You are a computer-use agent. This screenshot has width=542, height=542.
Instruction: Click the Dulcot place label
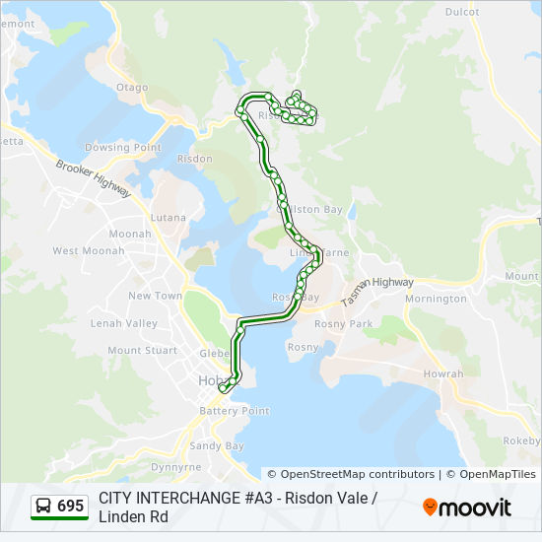[461, 12]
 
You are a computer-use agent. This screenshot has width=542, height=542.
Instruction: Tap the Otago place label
[131, 88]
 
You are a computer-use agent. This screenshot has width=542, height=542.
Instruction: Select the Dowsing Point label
[121, 148]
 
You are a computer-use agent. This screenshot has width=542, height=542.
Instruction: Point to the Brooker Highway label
[94, 178]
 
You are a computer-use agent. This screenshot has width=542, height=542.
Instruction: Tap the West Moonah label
[80, 251]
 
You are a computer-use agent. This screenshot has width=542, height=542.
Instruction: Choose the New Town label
[155, 296]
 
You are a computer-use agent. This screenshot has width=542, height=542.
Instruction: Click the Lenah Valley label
[124, 323]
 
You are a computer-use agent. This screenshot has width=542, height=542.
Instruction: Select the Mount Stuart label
[142, 351]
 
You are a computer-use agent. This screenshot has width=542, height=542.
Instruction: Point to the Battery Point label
[234, 411]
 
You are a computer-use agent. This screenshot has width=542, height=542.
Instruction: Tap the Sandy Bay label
[216, 446]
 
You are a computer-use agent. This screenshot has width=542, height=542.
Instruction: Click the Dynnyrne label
[175, 467]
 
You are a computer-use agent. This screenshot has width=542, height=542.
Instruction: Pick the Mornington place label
[436, 299]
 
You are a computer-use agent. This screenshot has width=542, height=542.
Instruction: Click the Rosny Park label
[344, 323]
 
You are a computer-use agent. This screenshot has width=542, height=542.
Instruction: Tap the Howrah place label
[443, 374]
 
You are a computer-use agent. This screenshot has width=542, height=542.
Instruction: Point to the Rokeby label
[523, 440]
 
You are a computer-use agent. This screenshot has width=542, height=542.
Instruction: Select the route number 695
[71, 507]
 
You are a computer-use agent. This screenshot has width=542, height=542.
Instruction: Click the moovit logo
[467, 508]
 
